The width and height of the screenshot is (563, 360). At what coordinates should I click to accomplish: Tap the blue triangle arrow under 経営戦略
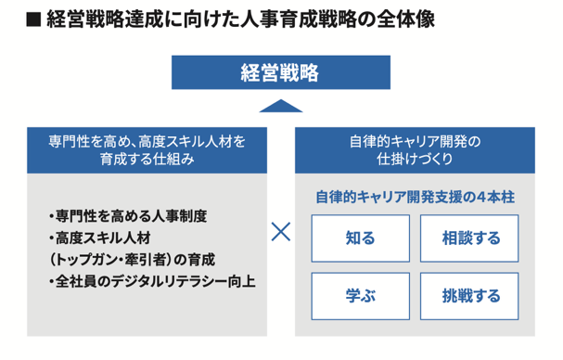tap(281, 105)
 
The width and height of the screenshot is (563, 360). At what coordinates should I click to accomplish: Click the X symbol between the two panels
tap(281, 232)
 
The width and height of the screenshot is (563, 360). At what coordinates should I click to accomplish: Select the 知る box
tap(359, 238)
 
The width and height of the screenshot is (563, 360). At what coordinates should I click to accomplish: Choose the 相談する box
tap(470, 238)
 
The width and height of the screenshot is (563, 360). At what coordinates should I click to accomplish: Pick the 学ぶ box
tap(359, 297)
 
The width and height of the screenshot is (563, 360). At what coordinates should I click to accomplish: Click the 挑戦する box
tap(470, 297)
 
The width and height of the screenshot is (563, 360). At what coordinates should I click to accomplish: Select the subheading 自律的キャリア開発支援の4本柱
tap(414, 197)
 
